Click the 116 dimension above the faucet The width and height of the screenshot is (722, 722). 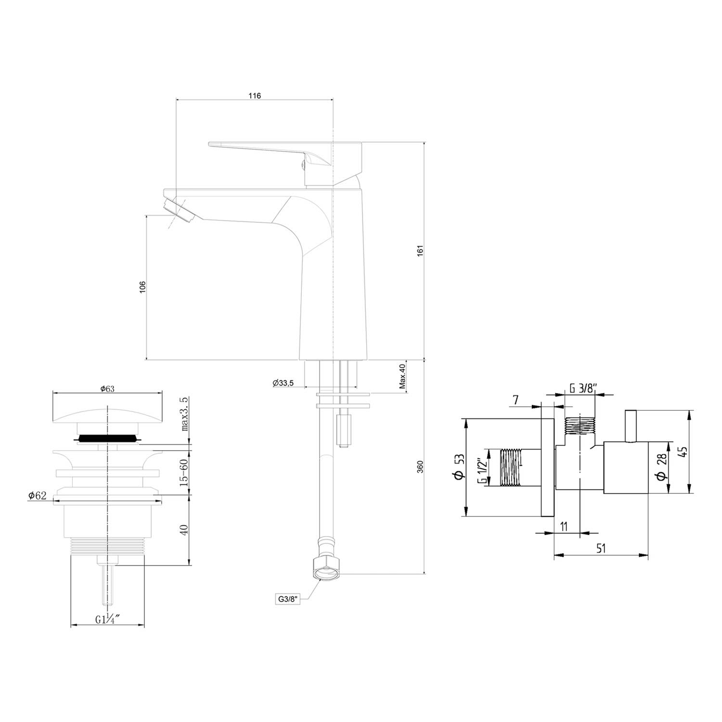point(255,96)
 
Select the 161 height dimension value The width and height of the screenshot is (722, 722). point(420,251)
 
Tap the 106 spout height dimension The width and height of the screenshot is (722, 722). point(142,287)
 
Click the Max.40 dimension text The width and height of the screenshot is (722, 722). point(402,377)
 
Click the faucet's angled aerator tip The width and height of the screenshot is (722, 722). point(179,211)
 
